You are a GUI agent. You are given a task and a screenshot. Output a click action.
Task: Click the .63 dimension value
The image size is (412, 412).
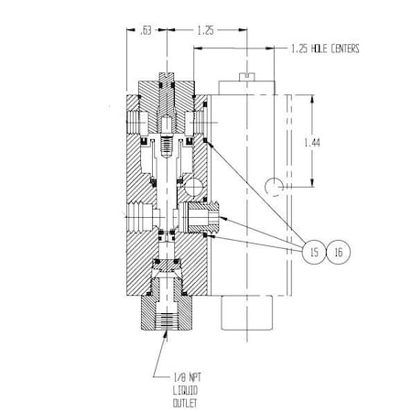[145, 30]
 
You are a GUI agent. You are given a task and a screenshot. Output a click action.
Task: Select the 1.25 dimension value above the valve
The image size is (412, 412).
[205, 30]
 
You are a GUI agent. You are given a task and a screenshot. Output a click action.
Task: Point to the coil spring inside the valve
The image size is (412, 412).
[166, 146]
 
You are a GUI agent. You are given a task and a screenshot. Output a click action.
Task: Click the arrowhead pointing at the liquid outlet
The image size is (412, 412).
[165, 337]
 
